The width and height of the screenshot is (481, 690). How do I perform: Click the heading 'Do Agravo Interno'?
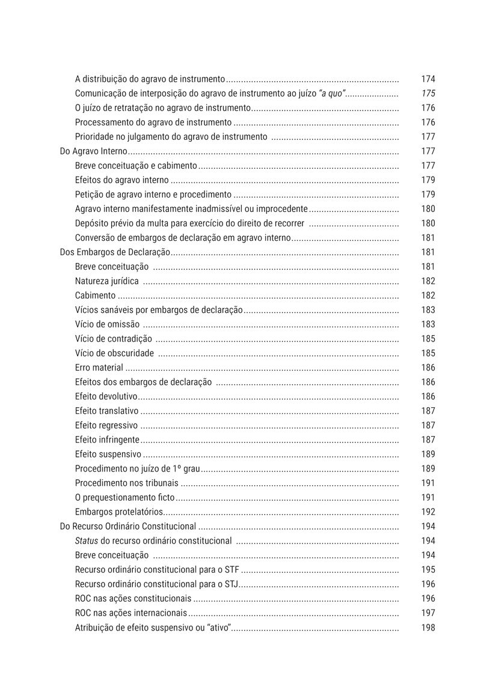[x=94, y=151]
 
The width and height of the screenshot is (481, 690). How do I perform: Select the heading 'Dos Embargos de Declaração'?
[x=115, y=252]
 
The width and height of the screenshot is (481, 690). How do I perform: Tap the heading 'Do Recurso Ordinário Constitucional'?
[x=128, y=526]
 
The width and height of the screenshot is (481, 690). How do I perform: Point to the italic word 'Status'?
[x=87, y=540]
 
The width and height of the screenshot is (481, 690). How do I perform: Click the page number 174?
[x=428, y=79]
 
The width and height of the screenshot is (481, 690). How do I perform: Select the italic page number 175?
[x=428, y=94]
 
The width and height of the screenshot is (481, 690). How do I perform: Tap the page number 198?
[x=428, y=628]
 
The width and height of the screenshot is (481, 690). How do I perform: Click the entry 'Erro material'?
[x=99, y=368]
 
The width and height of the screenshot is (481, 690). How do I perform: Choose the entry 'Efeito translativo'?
[x=106, y=411]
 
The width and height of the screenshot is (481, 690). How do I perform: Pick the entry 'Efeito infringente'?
[x=107, y=440]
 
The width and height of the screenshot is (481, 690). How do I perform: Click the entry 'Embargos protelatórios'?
[x=119, y=512]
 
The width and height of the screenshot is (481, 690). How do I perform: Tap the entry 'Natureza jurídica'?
[x=107, y=281]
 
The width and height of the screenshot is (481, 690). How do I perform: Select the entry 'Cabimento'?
[x=95, y=295]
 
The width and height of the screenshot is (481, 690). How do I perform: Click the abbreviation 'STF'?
[x=231, y=569]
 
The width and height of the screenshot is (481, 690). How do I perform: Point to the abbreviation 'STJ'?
[x=231, y=584]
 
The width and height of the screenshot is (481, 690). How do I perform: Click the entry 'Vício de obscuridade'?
[x=114, y=353]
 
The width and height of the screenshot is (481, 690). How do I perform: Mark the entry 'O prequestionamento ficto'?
[x=124, y=497]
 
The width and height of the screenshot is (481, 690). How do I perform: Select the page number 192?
[x=428, y=512]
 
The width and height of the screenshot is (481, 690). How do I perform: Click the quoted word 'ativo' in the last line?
[x=219, y=628]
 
